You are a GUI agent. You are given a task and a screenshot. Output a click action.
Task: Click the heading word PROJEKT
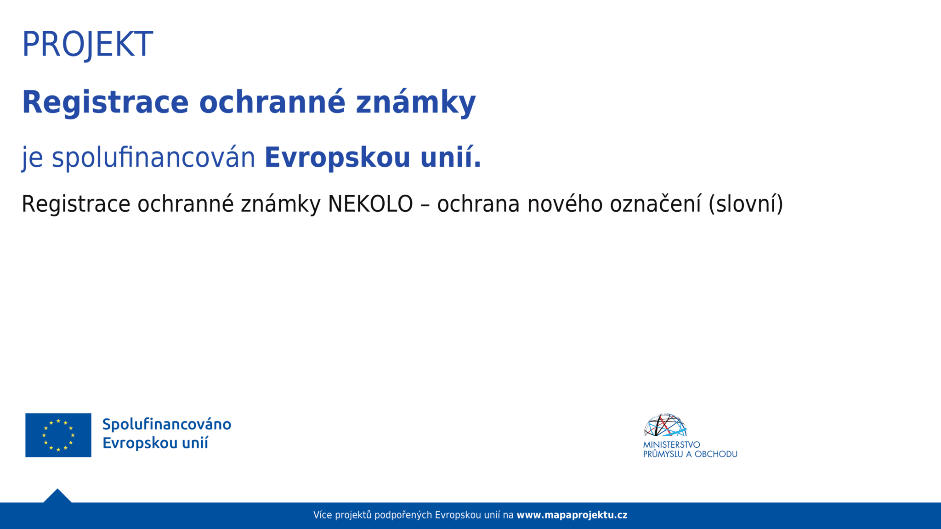tap(87, 45)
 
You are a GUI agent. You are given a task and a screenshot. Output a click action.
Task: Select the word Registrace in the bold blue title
tap(105, 102)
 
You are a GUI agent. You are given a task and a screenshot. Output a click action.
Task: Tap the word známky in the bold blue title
tap(416, 102)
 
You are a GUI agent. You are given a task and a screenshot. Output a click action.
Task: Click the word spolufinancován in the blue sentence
tap(153, 158)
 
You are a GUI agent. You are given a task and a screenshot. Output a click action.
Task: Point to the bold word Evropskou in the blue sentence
tap(337, 158)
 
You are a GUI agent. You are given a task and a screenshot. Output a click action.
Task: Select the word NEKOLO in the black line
tap(370, 204)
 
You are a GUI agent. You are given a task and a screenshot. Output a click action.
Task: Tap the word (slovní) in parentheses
tap(746, 204)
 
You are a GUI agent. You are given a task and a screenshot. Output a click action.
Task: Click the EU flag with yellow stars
tap(58, 435)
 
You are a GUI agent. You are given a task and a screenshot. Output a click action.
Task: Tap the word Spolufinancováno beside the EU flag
tap(166, 424)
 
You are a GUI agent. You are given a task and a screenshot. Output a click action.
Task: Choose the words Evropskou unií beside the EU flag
tap(155, 443)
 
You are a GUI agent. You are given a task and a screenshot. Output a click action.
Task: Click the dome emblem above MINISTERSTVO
tap(665, 425)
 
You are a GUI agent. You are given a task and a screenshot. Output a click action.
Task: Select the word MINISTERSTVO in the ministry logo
tap(671, 445)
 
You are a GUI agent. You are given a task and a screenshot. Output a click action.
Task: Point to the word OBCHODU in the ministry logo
tap(716, 454)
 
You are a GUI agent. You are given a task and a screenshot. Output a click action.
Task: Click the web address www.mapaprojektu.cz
tap(572, 515)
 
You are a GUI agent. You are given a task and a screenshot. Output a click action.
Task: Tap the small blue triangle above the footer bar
tap(57, 497)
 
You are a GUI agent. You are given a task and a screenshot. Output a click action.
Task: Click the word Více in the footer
tap(323, 515)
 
